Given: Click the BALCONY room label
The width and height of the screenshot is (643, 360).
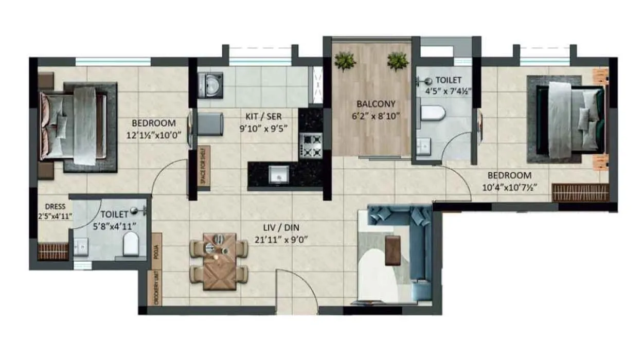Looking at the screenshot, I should tap(371, 103).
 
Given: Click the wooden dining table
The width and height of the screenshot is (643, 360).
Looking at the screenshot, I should tap(219, 261).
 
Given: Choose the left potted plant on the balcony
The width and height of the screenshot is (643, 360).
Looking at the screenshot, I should tap(345, 62).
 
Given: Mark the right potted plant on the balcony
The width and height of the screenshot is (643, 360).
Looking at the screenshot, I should tap(398, 61).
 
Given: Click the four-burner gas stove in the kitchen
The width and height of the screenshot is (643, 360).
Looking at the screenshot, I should tap(310, 145).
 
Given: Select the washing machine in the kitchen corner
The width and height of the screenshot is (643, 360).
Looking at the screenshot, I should tap(210, 84).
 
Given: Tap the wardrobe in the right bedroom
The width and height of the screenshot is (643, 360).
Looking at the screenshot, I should tap(580, 192).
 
